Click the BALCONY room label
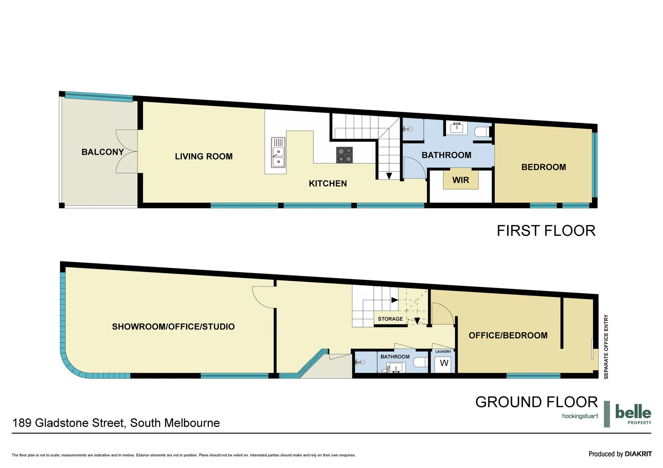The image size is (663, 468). click(x=102, y=152)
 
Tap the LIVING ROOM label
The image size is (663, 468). click(x=203, y=156)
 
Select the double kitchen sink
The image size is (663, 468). click(x=278, y=153)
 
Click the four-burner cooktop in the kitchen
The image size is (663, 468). click(x=344, y=155)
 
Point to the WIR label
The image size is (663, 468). click(x=460, y=180)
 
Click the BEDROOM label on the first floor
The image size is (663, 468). click(x=543, y=167)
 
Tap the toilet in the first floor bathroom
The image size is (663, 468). click(x=481, y=131)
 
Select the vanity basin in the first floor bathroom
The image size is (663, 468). click(x=456, y=128)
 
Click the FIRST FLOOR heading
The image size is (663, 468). click(x=546, y=231)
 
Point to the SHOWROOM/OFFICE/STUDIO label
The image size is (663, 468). click(x=173, y=327)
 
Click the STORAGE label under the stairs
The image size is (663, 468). click(x=390, y=319)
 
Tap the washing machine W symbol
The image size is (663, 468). click(x=444, y=363)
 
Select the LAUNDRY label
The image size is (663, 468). click(x=443, y=351)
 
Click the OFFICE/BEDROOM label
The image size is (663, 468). click(x=508, y=335)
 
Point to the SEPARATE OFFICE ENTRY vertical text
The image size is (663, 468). click(x=606, y=347)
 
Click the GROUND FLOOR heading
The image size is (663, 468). click(x=536, y=402)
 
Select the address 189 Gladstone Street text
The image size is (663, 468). click(x=116, y=423)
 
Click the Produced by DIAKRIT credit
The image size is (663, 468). click(x=620, y=454)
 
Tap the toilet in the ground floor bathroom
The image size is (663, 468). click(x=420, y=362)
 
